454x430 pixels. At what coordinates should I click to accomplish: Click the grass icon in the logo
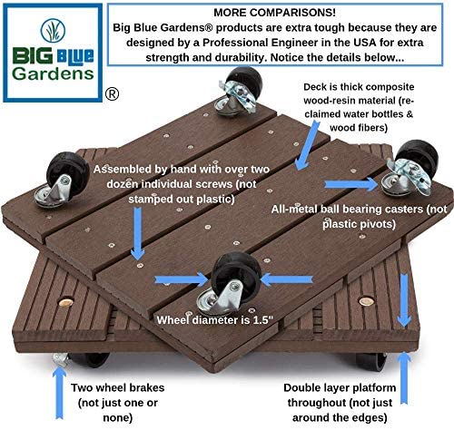53,30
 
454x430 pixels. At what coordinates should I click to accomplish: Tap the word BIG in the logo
33,55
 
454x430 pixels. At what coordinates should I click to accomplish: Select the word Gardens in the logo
53,73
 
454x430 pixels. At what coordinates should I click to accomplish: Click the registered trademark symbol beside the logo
112,94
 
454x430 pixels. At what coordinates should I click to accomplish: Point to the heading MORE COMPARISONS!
274,13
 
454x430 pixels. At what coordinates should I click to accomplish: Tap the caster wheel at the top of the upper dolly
239,91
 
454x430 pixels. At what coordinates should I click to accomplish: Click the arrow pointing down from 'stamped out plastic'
138,233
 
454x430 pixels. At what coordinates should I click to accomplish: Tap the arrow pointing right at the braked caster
351,184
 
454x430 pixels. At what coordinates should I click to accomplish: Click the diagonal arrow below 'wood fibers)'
307,145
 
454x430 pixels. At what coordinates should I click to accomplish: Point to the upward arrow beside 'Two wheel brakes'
59,393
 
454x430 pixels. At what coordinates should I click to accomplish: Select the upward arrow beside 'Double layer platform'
404,378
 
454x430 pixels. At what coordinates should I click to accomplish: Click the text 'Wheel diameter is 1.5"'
215,320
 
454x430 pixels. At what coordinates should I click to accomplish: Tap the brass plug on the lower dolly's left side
66,302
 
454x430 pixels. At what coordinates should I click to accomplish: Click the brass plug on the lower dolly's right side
366,301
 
